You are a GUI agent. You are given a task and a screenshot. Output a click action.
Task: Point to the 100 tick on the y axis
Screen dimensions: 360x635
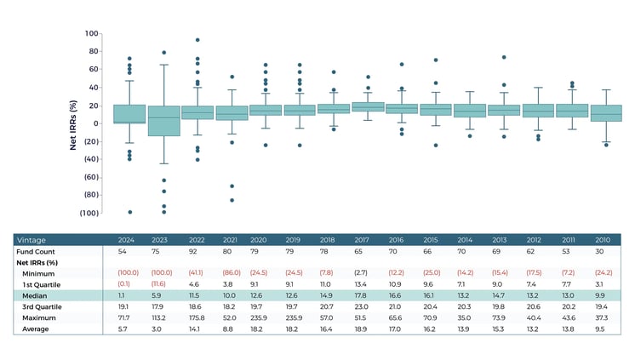coord(92,33)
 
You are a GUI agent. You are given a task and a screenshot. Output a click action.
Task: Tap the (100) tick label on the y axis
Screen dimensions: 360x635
coord(89,213)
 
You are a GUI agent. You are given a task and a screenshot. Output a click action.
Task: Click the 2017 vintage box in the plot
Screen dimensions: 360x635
coord(368,107)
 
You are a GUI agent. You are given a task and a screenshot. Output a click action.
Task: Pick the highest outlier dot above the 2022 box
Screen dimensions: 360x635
coord(197,40)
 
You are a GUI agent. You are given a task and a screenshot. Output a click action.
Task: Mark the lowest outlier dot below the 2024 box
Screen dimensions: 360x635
coord(129,212)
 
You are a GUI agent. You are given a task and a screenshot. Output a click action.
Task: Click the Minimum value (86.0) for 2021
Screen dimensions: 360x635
coord(227,273)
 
